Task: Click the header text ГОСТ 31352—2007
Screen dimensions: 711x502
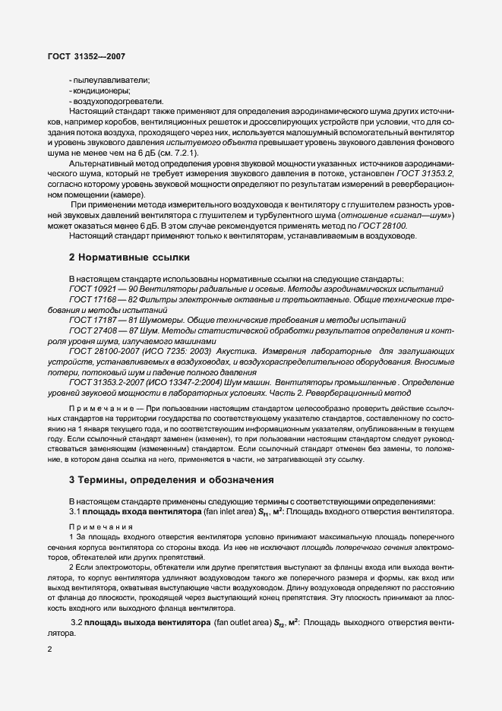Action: pyautogui.click(x=76, y=55)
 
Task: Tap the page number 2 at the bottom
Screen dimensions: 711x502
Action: pyautogui.click(x=49, y=649)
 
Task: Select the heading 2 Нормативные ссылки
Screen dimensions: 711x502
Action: pyautogui.click(x=129, y=258)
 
